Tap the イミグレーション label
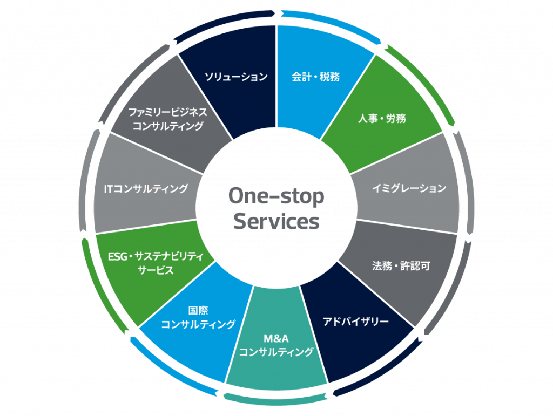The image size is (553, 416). [x=409, y=188]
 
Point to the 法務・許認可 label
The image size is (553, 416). [x=401, y=266]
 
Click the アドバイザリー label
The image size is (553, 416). [x=355, y=322]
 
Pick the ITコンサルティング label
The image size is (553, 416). [x=146, y=189]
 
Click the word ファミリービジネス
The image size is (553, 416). [x=167, y=112]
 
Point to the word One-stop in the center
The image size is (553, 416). [x=276, y=196]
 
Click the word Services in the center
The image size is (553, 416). [x=276, y=221]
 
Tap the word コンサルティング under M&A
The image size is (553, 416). [x=276, y=353]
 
